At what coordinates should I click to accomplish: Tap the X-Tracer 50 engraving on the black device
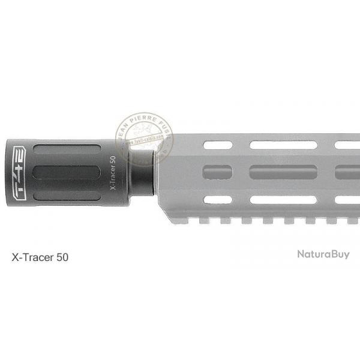coord(113,173)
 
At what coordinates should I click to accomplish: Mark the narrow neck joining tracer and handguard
coord(142,172)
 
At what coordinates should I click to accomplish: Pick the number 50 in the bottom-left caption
coord(62,257)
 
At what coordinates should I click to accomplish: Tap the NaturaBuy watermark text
coord(323,254)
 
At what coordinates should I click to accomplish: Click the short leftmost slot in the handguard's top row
coord(218,145)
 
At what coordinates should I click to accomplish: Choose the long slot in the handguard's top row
coord(283,145)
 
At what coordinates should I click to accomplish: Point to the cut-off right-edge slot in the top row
coord(347,145)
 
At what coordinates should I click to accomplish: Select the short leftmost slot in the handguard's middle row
coord(218,172)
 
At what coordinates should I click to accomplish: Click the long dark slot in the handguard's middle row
coord(283,172)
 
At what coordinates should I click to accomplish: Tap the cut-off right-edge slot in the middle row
coord(347,172)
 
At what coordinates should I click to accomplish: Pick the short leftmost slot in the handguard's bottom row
coord(218,199)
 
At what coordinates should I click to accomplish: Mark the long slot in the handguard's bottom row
coord(283,199)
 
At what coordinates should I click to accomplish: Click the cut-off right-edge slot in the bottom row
coord(347,199)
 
